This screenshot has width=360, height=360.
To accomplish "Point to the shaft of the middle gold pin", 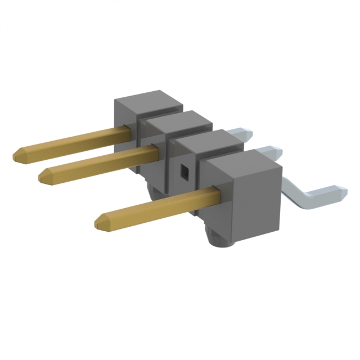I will pyautogui.click(x=101, y=163).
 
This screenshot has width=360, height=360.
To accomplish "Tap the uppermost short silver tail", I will pyautogui.click(x=245, y=135).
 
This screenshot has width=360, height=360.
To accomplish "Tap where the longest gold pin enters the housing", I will pyautogui.click(x=130, y=132).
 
